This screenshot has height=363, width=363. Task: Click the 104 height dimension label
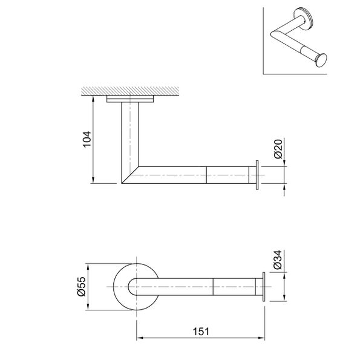coord(87,140)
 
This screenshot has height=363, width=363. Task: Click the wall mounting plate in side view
coord(130,100)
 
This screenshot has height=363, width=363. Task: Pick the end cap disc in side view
coord(258,175)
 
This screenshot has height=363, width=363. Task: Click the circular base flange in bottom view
coord(121,287)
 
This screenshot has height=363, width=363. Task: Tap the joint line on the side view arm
coord(208,174)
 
